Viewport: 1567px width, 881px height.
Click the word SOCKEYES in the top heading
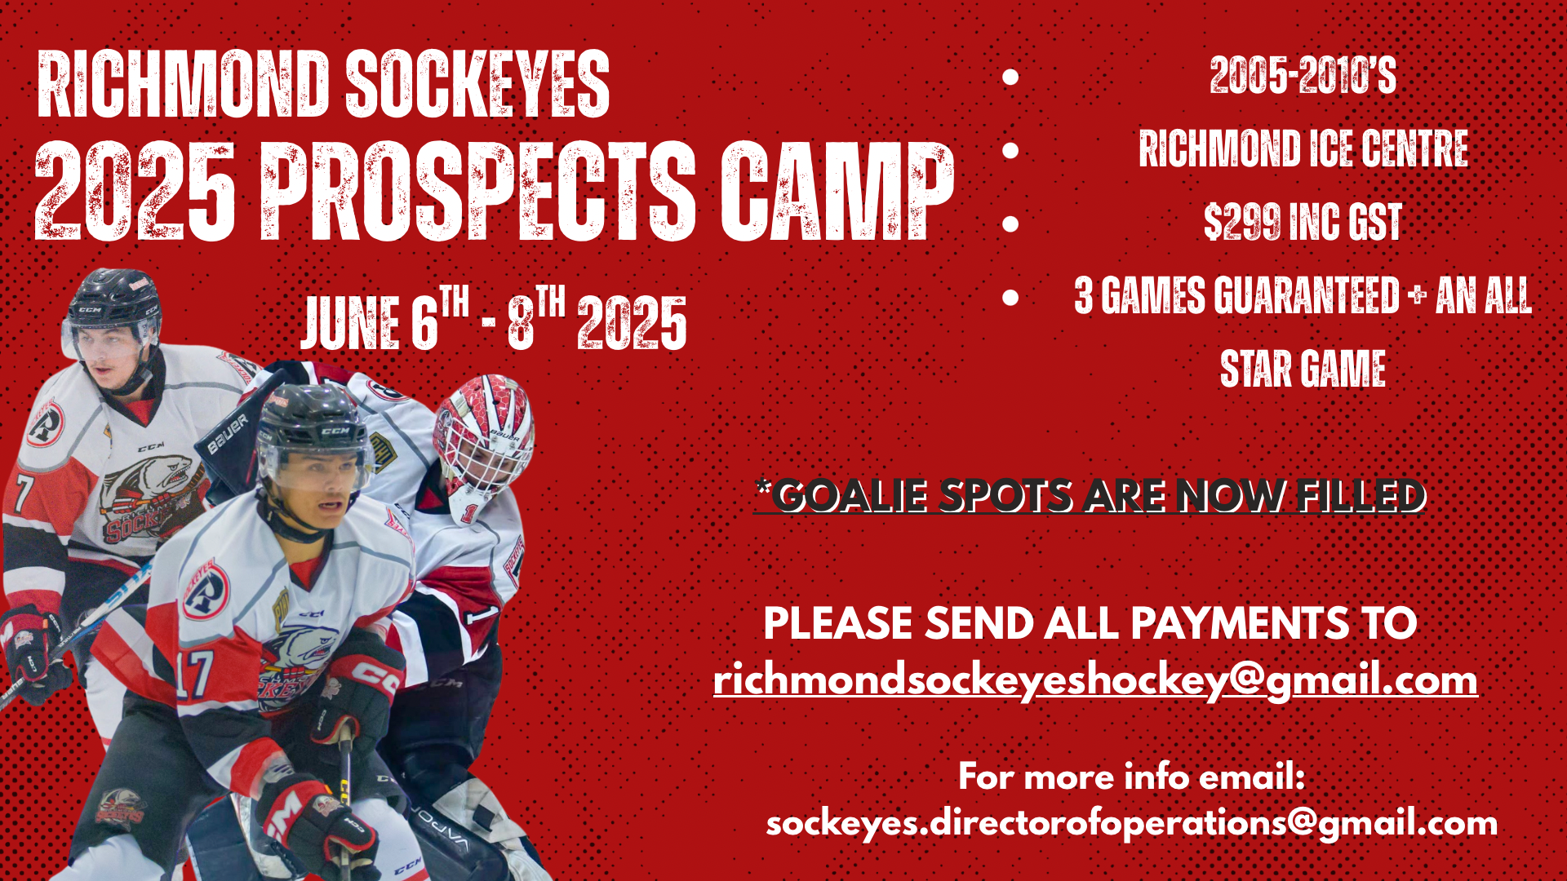477,84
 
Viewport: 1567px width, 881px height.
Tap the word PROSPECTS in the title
477,192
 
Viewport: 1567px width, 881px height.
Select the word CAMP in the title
837,192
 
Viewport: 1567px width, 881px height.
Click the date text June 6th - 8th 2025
495,319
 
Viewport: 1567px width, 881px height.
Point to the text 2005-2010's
1303,76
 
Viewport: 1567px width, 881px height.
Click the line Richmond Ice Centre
1303,149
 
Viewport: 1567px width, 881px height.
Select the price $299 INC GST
1303,222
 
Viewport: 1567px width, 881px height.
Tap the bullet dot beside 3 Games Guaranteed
1010,297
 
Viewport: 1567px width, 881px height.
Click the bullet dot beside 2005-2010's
1010,77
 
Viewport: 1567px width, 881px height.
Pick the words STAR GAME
1303,369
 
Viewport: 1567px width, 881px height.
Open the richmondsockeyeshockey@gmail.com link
1095,680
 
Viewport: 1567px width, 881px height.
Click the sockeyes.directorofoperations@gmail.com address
1132,823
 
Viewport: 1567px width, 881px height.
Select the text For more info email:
1132,776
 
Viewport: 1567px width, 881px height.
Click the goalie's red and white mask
483,436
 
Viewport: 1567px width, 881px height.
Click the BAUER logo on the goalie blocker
228,433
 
